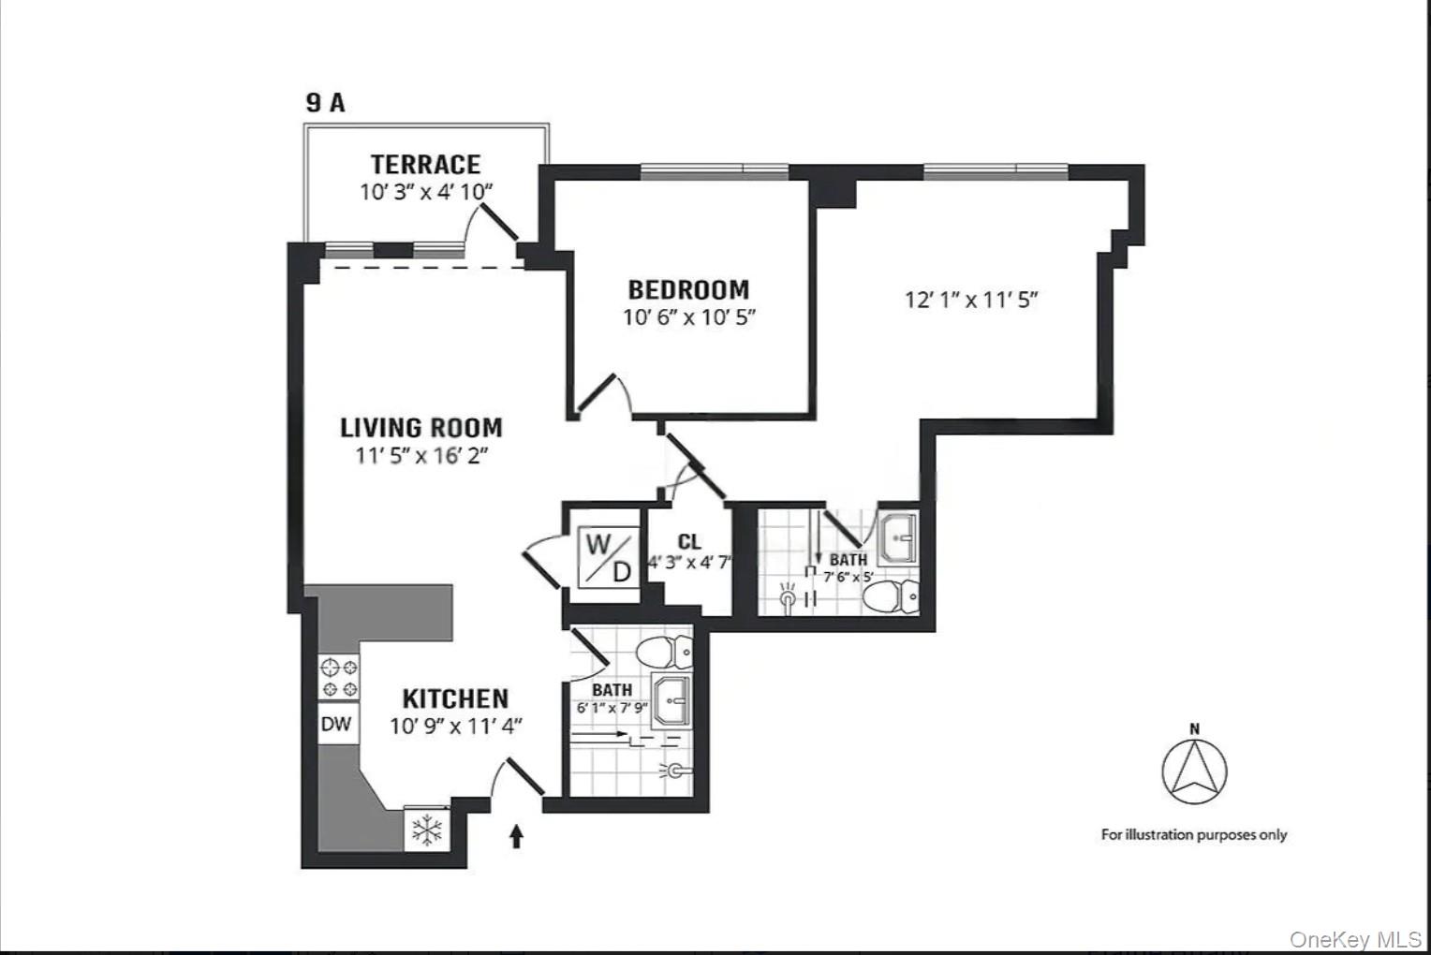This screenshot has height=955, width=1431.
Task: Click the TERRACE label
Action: tap(425, 165)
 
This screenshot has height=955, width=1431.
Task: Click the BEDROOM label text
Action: tap(688, 289)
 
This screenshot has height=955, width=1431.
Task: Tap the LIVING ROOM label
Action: tap(421, 428)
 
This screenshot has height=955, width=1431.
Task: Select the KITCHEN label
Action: tap(455, 698)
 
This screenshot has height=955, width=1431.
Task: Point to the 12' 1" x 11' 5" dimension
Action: tap(971, 300)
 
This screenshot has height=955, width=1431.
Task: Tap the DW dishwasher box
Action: tap(336, 724)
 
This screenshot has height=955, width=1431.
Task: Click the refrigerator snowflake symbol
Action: tap(427, 829)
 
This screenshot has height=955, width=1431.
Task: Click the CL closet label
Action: tap(689, 541)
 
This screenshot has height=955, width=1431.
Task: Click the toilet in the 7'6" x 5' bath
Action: tap(891, 595)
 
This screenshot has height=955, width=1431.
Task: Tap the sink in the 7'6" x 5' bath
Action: tap(897, 537)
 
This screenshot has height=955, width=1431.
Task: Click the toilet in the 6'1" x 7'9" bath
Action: tap(664, 650)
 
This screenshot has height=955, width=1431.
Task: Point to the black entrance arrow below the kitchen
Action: tap(516, 835)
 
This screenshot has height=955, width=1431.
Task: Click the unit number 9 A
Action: tap(325, 102)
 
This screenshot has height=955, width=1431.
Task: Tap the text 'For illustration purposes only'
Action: tap(1194, 834)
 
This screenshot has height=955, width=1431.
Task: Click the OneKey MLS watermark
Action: tap(1355, 939)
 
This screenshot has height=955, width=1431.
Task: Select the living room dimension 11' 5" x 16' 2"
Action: tap(421, 456)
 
